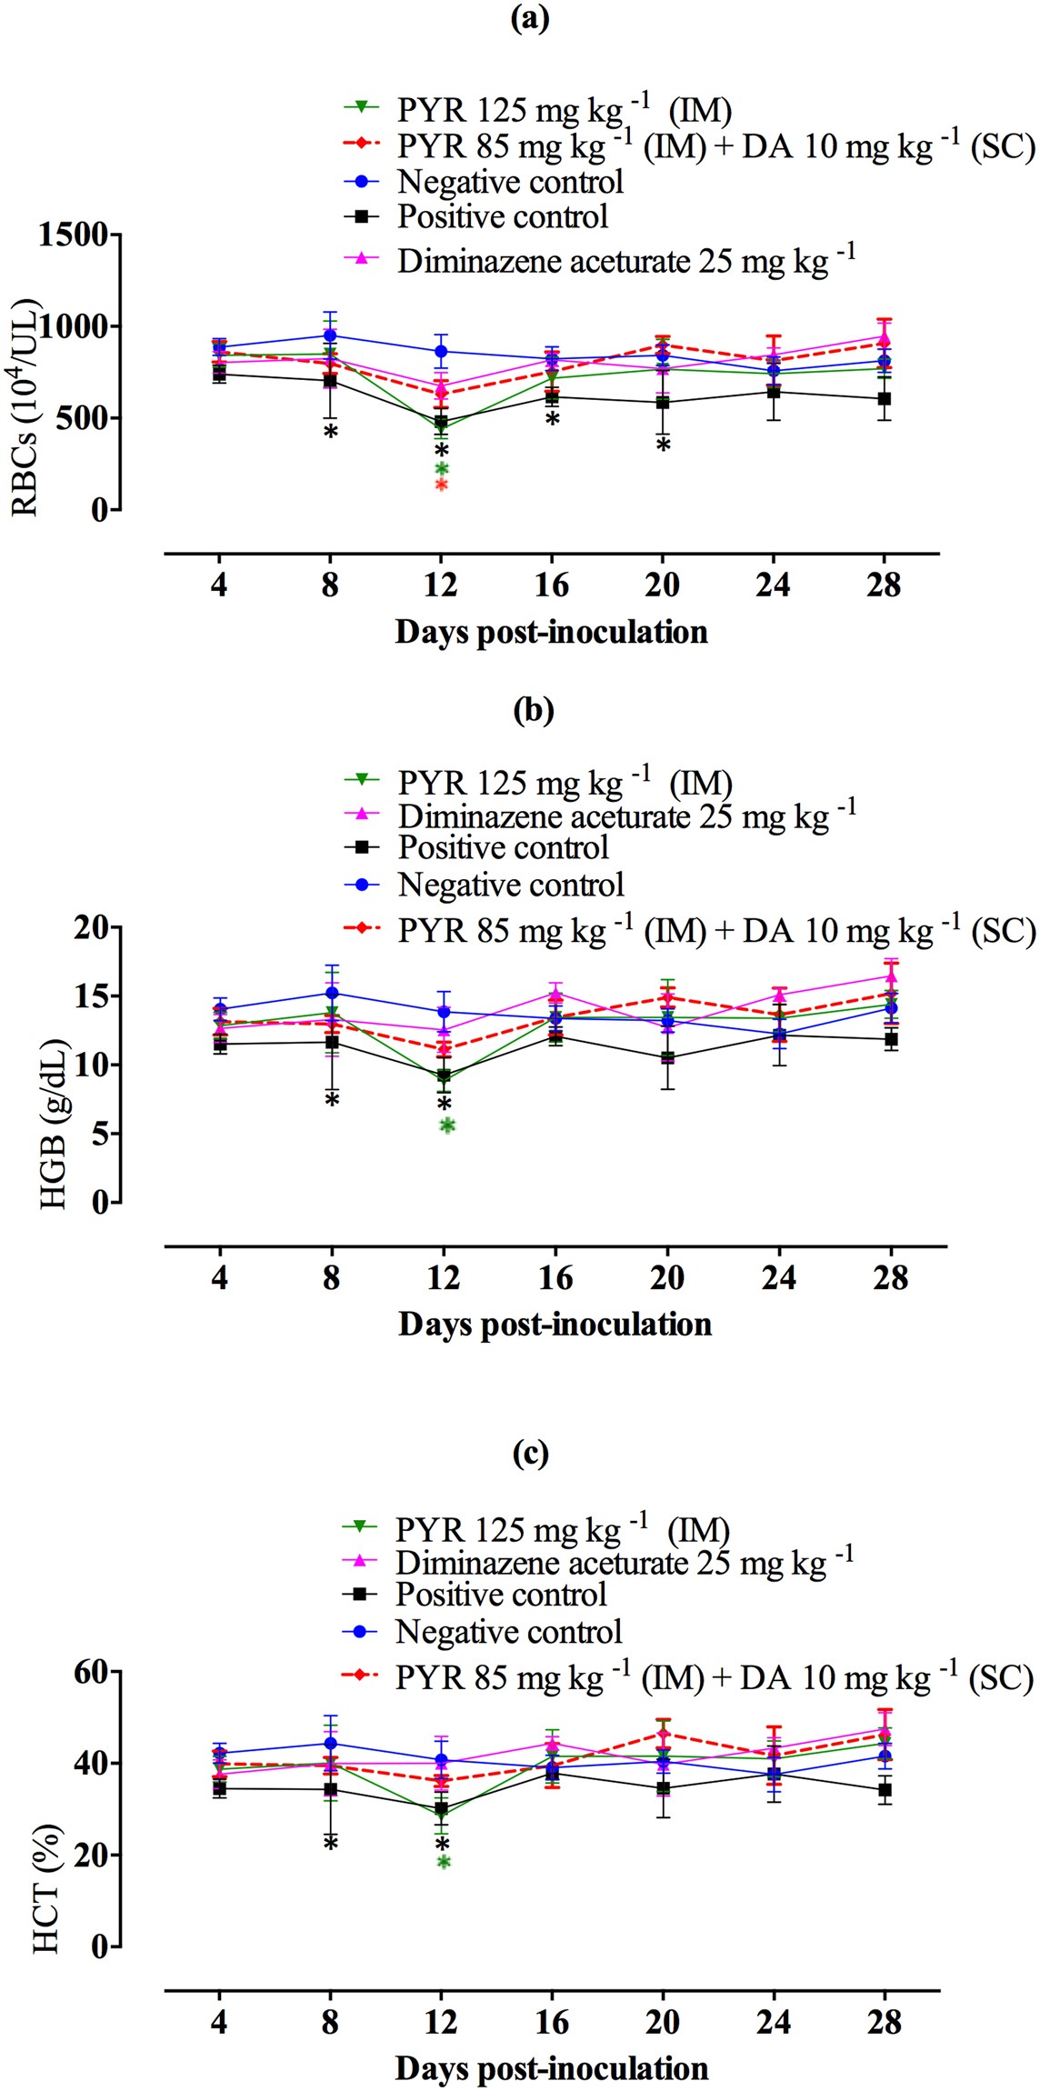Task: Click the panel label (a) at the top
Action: tap(530, 19)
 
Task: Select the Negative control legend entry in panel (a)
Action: tap(510, 182)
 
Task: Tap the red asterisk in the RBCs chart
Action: tap(442, 485)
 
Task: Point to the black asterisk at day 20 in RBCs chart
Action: tap(664, 445)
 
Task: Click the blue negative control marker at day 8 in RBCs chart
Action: tap(330, 335)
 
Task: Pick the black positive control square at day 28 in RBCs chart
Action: tap(883, 398)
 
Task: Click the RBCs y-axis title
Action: tap(25, 407)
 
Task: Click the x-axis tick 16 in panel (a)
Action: tap(552, 585)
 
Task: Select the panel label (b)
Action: tap(533, 710)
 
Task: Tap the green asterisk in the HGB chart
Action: tap(447, 1126)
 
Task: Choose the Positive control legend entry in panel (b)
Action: tap(503, 847)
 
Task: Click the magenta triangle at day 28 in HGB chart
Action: tap(892, 977)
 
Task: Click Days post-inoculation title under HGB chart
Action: tap(555, 1325)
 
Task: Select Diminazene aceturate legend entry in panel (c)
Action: tap(624, 1563)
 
